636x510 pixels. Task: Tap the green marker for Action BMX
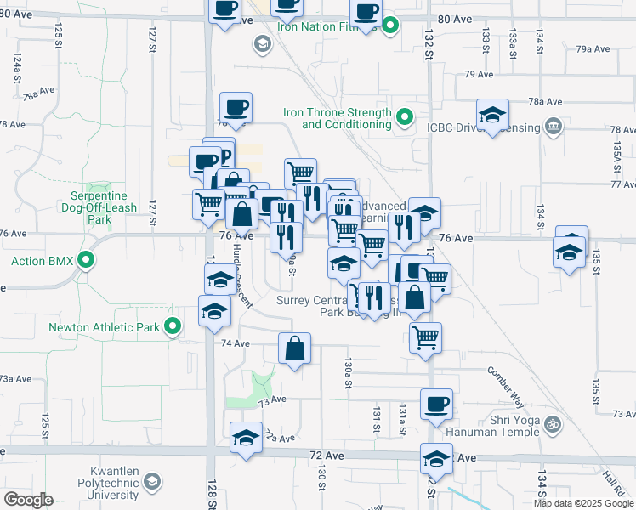86,260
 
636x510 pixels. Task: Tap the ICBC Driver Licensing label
483,128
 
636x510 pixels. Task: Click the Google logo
28,500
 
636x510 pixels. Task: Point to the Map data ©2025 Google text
583,503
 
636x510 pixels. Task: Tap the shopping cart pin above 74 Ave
425,337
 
